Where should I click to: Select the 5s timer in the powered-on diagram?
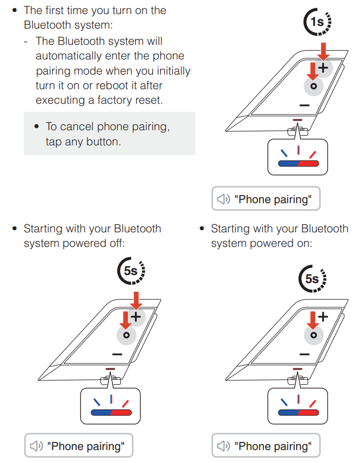[312, 279]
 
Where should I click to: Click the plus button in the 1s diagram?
[323, 68]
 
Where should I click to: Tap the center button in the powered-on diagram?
[313, 335]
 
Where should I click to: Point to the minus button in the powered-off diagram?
[117, 354]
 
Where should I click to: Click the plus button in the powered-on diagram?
[323, 317]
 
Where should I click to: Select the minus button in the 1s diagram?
[304, 105]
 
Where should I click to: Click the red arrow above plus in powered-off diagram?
[136, 300]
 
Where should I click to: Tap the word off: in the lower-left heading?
[116, 243]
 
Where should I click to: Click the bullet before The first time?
[16, 11]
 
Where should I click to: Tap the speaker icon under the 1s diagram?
[223, 199]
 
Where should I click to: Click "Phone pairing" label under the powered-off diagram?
[86, 446]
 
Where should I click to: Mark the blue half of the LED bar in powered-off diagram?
[101, 412]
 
